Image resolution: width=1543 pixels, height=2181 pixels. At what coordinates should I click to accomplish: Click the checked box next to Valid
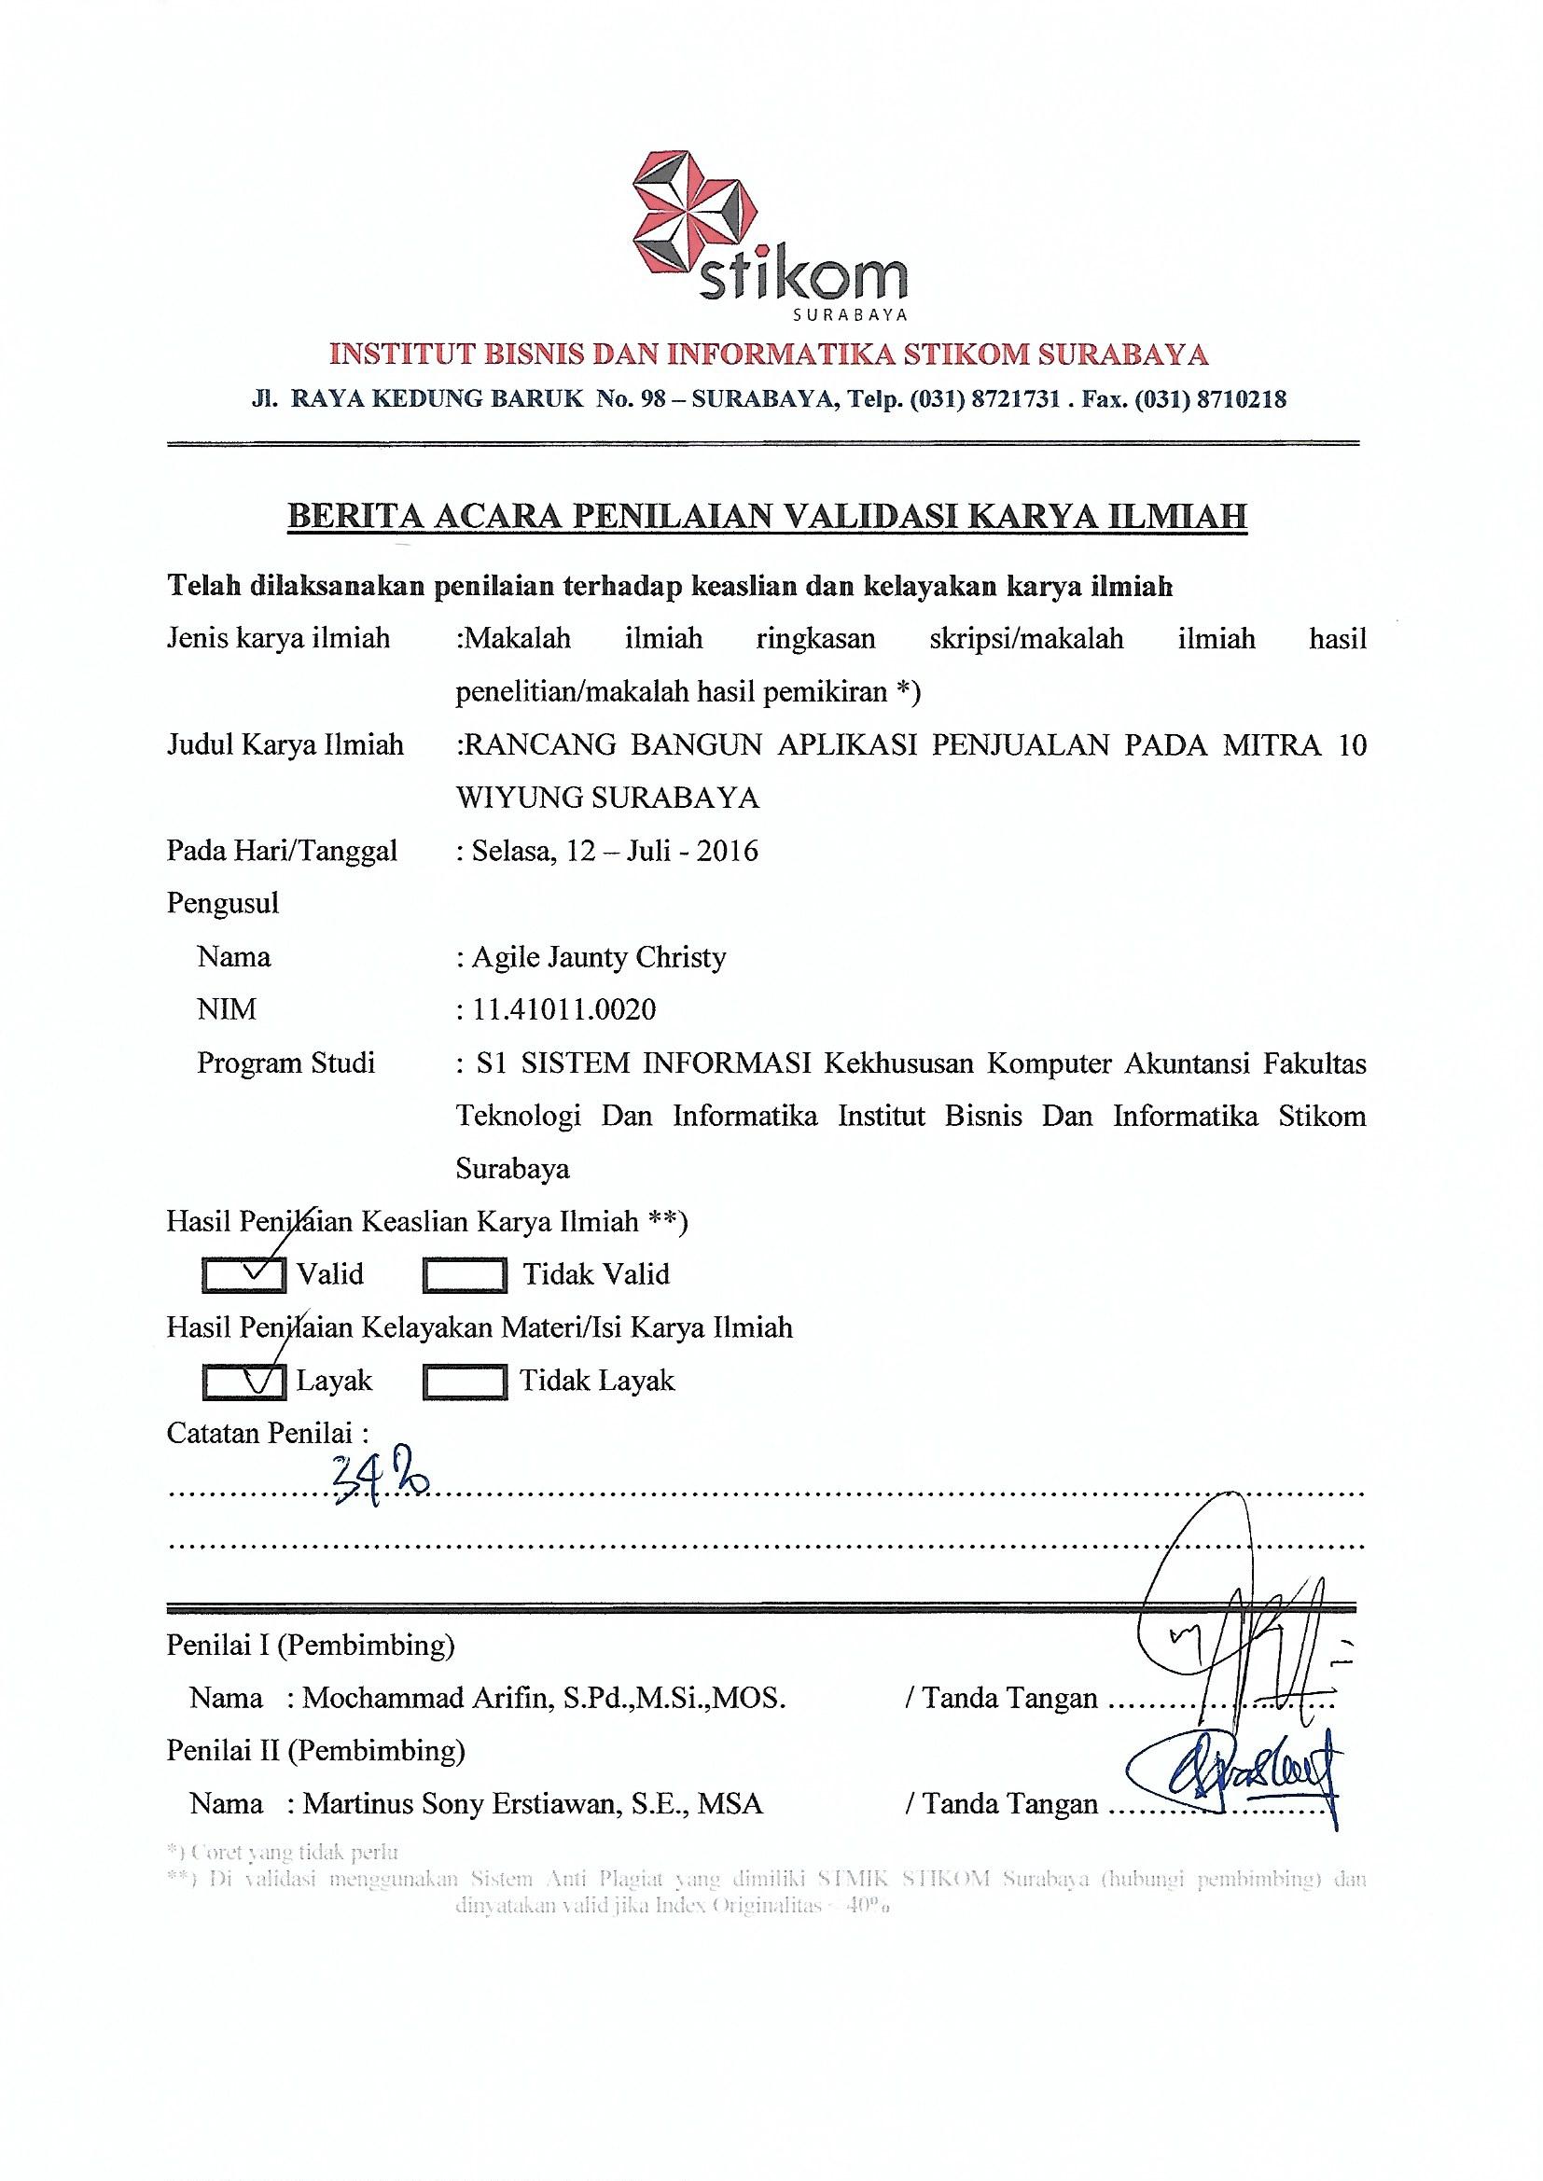pos(244,1275)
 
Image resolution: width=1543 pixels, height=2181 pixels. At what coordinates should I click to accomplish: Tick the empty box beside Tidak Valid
pos(464,1275)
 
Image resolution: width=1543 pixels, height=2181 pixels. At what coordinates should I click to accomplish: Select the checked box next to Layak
pos(244,1382)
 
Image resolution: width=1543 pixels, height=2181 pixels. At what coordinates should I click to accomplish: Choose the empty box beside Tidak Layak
pos(464,1382)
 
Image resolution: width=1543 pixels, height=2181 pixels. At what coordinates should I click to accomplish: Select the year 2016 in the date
pos(728,850)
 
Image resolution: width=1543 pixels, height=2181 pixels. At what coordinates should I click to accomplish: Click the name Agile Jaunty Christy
pos(599,956)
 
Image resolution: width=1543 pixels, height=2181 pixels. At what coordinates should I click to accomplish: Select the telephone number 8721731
pos(1011,400)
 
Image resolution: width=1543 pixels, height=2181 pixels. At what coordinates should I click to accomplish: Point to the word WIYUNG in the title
pos(518,798)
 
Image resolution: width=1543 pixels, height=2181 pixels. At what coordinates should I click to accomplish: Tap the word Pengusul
pos(223,903)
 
